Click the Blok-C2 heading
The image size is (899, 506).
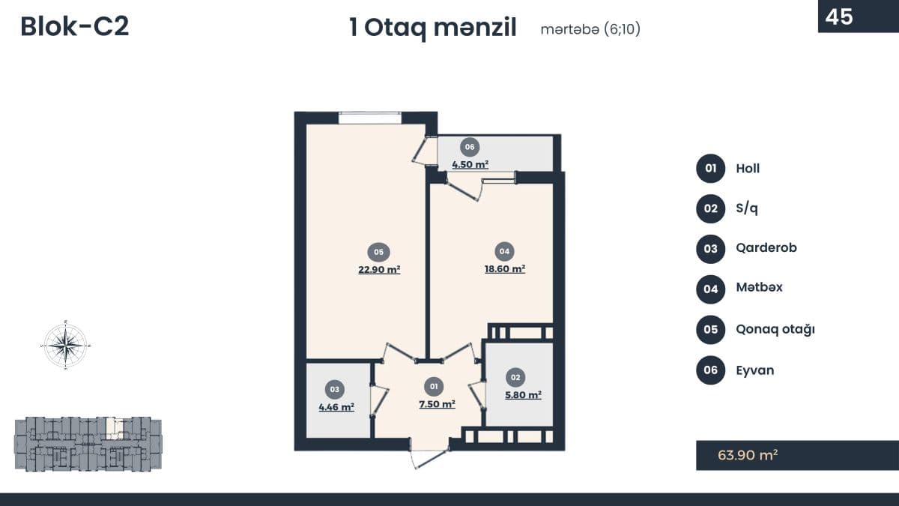click(x=75, y=26)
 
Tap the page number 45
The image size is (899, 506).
click(x=839, y=16)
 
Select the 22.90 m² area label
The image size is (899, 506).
click(x=379, y=269)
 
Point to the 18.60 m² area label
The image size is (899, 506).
click(x=505, y=268)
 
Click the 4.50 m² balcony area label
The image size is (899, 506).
click(x=470, y=164)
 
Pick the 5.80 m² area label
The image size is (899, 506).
click(x=523, y=395)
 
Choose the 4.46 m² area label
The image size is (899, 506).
click(x=336, y=407)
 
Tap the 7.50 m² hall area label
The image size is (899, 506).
click(x=437, y=403)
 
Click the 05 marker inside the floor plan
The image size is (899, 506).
click(x=379, y=252)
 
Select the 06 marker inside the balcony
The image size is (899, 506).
click(x=470, y=147)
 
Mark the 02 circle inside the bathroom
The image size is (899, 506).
click(x=515, y=378)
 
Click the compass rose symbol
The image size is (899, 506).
click(x=65, y=345)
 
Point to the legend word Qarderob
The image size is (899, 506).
click(x=766, y=248)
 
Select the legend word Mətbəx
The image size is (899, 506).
click(x=759, y=287)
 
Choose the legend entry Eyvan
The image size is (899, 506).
click(x=755, y=370)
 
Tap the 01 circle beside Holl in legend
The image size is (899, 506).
click(x=710, y=168)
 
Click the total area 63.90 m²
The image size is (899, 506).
click(x=748, y=455)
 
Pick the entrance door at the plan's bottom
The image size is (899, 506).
click(x=429, y=458)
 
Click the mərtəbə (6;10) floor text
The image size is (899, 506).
click(x=590, y=29)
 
